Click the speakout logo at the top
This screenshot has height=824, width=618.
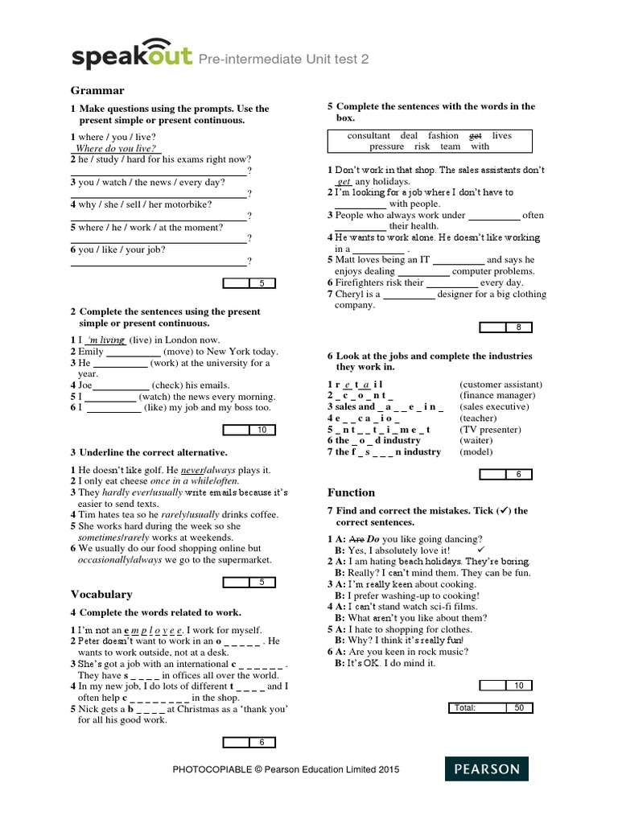(x=132, y=56)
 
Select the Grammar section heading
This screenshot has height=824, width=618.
(x=97, y=90)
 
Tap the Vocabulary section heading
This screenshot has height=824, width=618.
(x=101, y=594)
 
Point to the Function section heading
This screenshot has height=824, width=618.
(x=351, y=492)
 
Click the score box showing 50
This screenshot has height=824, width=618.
(x=518, y=708)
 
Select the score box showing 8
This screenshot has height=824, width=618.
(x=518, y=327)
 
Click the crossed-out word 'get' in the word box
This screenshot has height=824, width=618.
(x=475, y=136)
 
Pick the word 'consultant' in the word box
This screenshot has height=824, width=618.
(x=369, y=136)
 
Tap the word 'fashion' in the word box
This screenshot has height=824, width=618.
(x=443, y=136)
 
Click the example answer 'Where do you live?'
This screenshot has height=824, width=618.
(x=115, y=149)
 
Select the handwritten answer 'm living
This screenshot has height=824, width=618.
(x=105, y=340)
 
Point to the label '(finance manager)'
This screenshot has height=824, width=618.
(x=496, y=395)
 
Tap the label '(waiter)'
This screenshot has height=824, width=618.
(x=477, y=440)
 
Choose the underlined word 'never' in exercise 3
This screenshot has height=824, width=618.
(x=192, y=469)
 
